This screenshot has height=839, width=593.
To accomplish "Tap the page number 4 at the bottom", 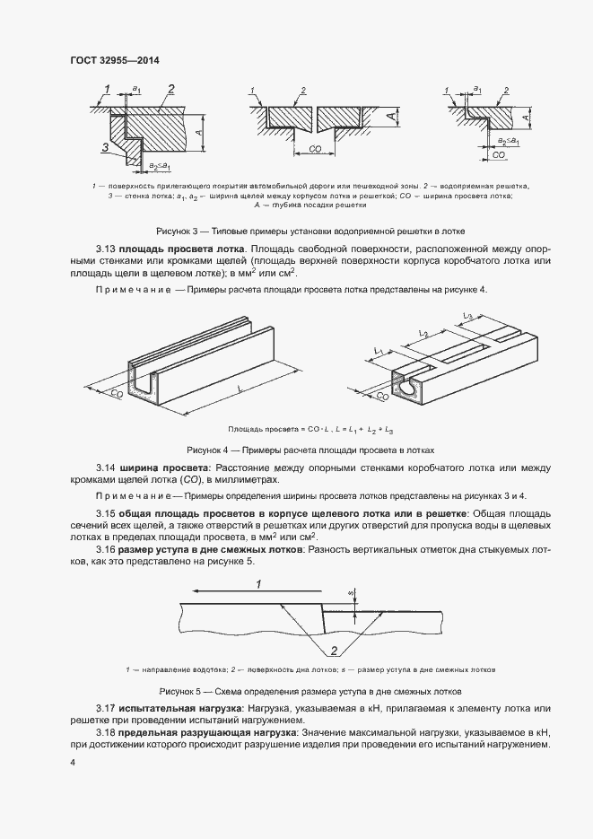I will point(73,762).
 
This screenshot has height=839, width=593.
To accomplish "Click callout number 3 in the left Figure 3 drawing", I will point(105,146).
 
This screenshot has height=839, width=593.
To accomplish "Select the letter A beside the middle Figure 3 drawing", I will point(392,118).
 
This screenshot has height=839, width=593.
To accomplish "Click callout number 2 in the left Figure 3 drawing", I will point(170,87).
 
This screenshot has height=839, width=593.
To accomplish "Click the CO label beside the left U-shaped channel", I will point(117,392).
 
